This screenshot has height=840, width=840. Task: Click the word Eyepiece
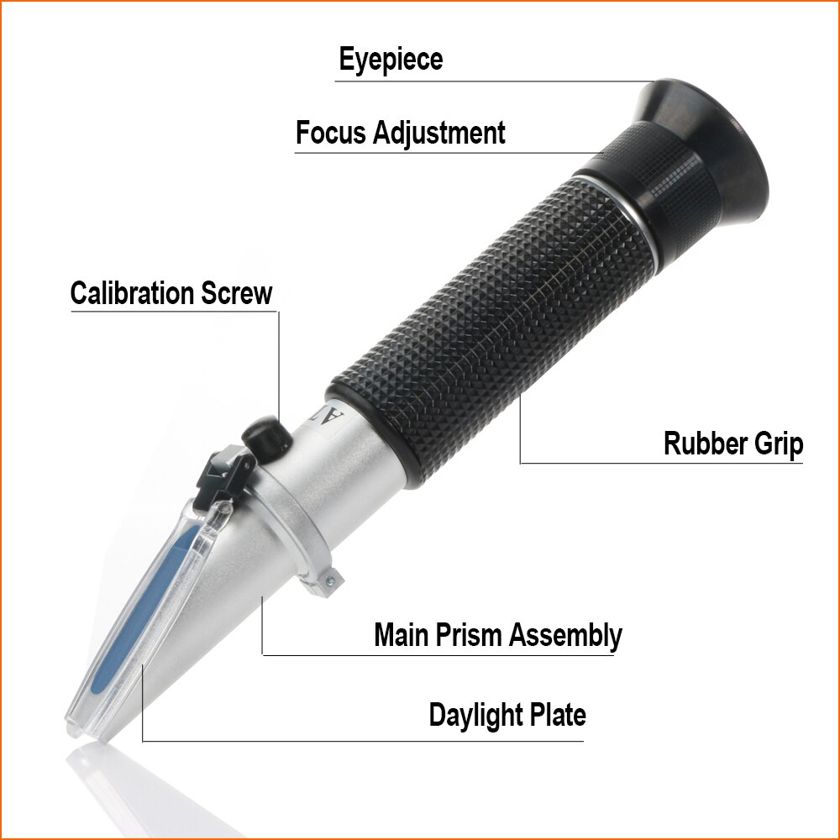(x=391, y=60)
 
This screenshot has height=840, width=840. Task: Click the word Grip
(x=775, y=444)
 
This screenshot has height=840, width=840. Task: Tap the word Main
(x=401, y=634)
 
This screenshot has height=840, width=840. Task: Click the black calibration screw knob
(x=265, y=437)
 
